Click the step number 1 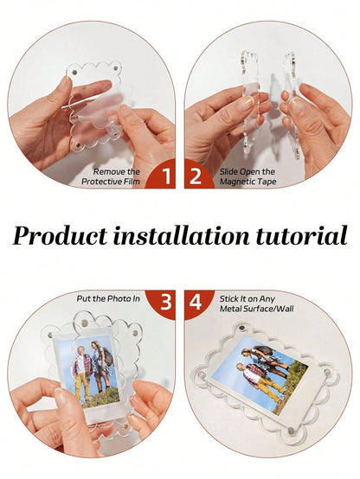166,176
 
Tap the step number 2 196,176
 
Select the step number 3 166,302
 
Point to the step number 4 196,302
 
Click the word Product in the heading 60,236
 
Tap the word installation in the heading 181,235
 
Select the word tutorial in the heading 301,235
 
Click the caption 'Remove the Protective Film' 111,176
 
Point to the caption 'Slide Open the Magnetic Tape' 247,176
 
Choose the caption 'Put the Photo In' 108,298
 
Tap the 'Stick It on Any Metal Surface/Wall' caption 257,303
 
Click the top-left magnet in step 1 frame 74,73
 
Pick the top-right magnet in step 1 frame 116,67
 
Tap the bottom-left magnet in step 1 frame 78,144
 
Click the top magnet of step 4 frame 241,329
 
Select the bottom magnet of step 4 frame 291,431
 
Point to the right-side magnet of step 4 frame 326,373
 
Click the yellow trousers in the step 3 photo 82,387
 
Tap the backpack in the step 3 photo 107,357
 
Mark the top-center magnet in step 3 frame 84,323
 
